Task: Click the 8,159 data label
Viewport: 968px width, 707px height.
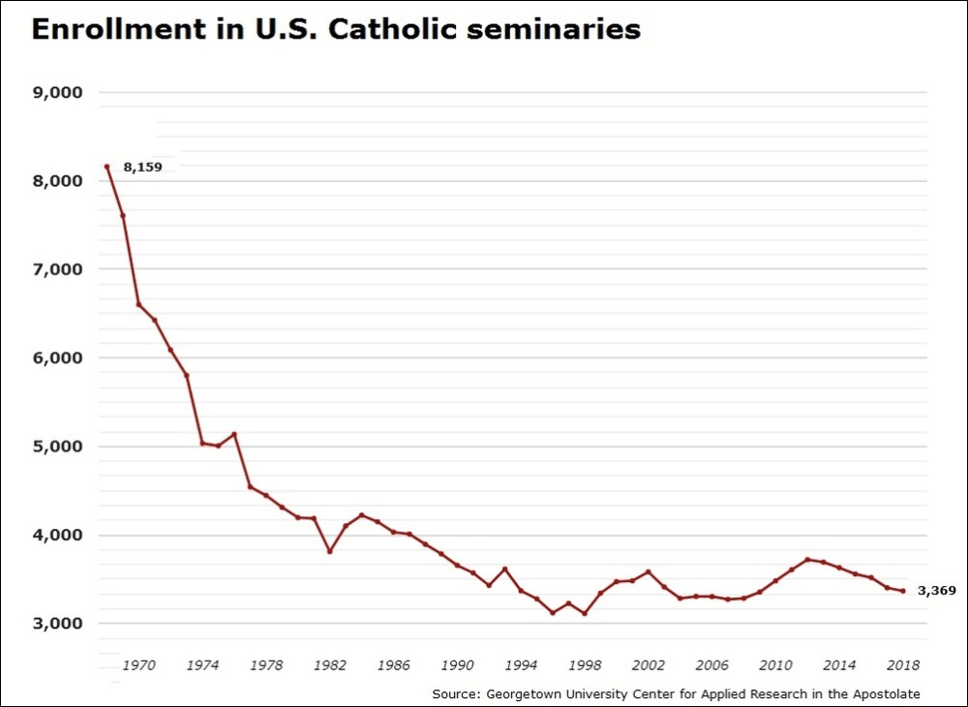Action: tap(142, 167)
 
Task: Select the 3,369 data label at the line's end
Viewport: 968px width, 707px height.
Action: tap(936, 590)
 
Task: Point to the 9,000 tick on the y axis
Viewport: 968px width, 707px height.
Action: tap(57, 93)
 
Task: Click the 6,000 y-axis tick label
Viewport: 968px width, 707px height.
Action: tap(57, 358)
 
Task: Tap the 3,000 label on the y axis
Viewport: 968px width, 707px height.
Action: tap(57, 624)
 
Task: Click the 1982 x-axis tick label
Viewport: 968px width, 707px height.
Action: tap(329, 665)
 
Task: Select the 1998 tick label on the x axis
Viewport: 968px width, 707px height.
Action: tap(585, 665)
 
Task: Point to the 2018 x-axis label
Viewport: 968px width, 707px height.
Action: tap(903, 665)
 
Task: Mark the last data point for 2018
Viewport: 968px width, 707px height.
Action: tap(903, 591)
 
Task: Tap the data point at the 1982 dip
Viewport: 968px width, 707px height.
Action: tap(330, 551)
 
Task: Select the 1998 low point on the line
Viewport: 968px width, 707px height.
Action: tap(585, 613)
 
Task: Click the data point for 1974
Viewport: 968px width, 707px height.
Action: tap(202, 443)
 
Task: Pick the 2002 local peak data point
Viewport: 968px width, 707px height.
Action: tap(649, 571)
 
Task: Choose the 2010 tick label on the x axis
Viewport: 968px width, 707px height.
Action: tap(775, 665)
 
